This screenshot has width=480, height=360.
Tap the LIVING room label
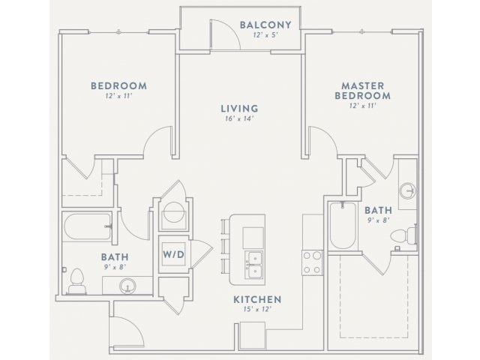click(240, 108)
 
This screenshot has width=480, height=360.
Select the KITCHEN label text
click(256, 300)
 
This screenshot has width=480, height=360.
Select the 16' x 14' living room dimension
click(240, 118)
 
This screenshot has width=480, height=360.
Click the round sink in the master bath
click(406, 190)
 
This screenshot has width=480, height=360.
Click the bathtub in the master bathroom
click(341, 225)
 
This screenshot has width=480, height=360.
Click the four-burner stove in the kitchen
click(312, 262)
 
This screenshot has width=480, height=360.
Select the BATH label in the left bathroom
click(115, 257)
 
